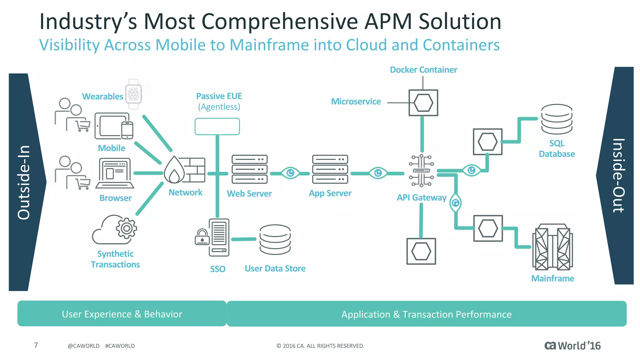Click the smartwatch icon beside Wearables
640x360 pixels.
point(133,94)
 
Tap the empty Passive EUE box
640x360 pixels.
point(217,127)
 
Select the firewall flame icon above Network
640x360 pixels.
point(174,170)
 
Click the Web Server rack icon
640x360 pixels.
point(249,169)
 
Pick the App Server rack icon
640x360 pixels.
point(330,169)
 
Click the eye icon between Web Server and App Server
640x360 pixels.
point(290,173)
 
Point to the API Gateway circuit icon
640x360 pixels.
point(421,170)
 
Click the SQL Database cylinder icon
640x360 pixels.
point(557,119)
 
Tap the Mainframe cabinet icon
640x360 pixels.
point(552,247)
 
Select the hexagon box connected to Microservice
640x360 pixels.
point(423,103)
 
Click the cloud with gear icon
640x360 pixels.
point(114,230)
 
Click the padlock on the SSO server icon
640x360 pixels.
point(202,237)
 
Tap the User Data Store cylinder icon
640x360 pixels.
point(275,240)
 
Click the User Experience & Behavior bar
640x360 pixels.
point(122,314)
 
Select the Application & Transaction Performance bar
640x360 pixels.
point(426,314)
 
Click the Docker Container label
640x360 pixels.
point(423,70)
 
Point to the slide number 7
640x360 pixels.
point(36,345)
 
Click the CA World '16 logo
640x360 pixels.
point(572,346)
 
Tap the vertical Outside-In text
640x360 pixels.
point(24,182)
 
